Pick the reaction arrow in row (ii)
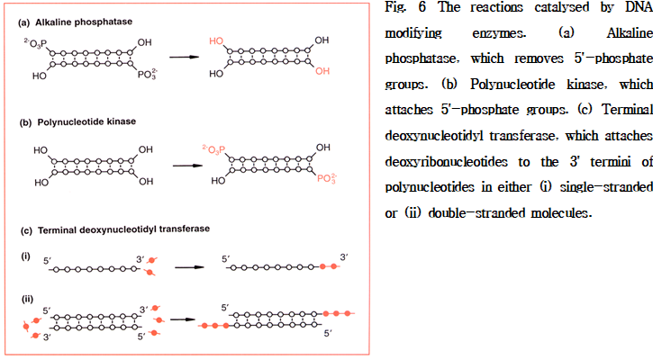tap(183, 318)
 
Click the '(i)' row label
tap(25, 256)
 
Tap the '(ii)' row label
tap(27, 297)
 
